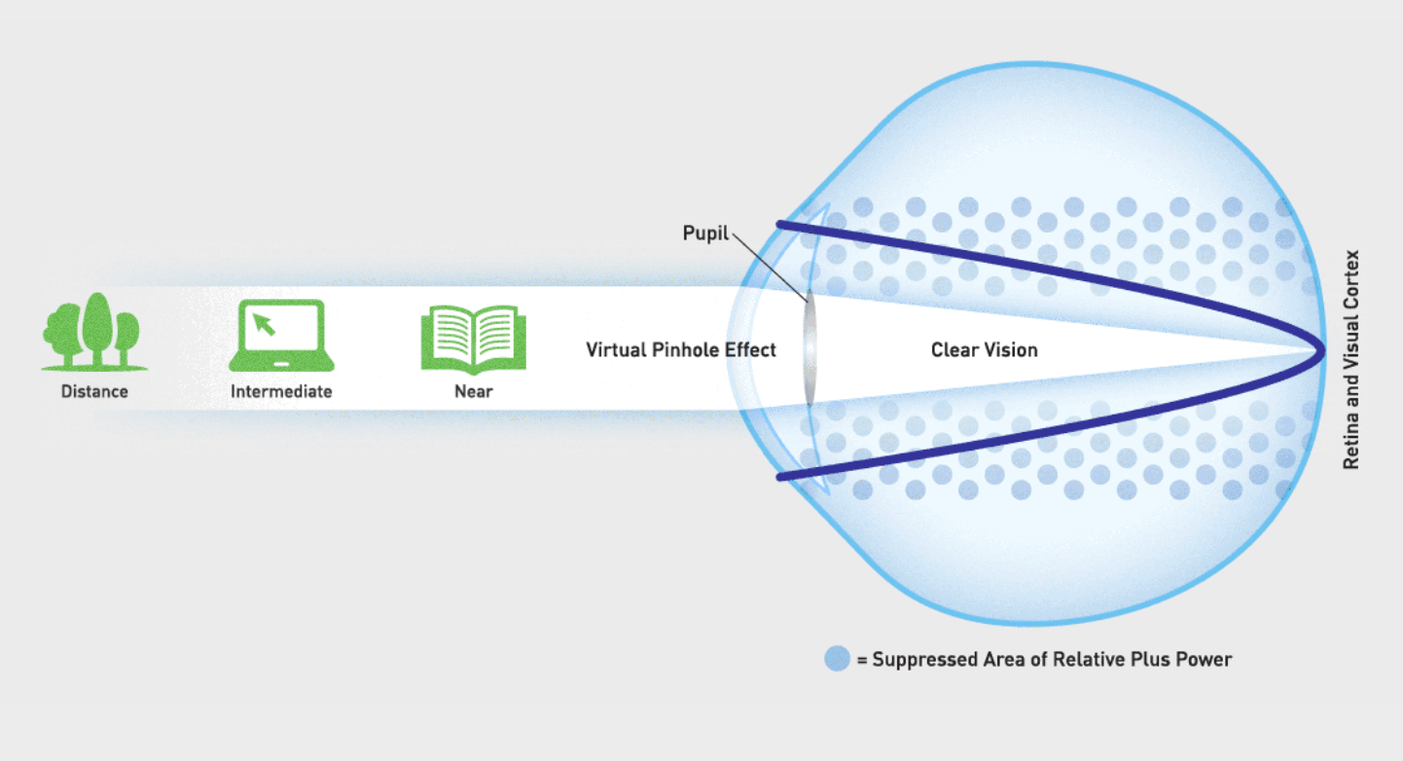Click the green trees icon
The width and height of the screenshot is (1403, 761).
pos(94,331)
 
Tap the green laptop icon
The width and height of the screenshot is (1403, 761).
pos(281,336)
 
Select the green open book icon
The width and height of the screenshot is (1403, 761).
pos(474,340)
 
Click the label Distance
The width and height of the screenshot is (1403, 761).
pos(94,391)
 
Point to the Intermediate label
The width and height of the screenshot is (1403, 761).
pos(281,391)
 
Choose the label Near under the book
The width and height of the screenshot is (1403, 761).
pos(474,391)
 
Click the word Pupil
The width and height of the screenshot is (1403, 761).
pos(705,234)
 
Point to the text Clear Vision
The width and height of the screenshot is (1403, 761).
pos(984,349)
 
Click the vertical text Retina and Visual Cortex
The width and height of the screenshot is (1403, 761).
pos(1351,359)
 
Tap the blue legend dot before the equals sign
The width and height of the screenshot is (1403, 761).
pos(837,659)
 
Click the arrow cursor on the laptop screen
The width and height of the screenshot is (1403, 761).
pos(264,324)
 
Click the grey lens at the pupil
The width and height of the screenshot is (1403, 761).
pos(809,350)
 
